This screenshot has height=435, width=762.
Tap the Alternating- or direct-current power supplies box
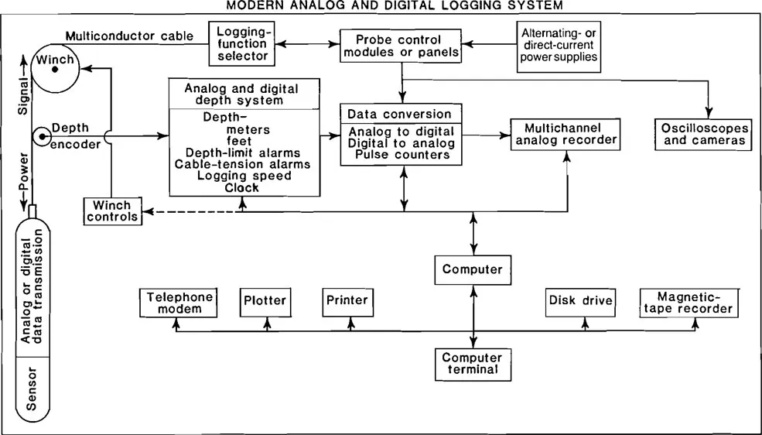(559, 46)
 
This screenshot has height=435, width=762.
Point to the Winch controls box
(113, 211)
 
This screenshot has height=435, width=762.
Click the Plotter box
(265, 300)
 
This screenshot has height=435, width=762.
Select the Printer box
(347, 300)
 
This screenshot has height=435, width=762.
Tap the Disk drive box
(580, 300)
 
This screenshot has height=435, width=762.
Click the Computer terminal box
(472, 364)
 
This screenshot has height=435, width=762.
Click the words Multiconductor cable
(129, 36)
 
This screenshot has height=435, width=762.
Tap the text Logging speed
(244, 176)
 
